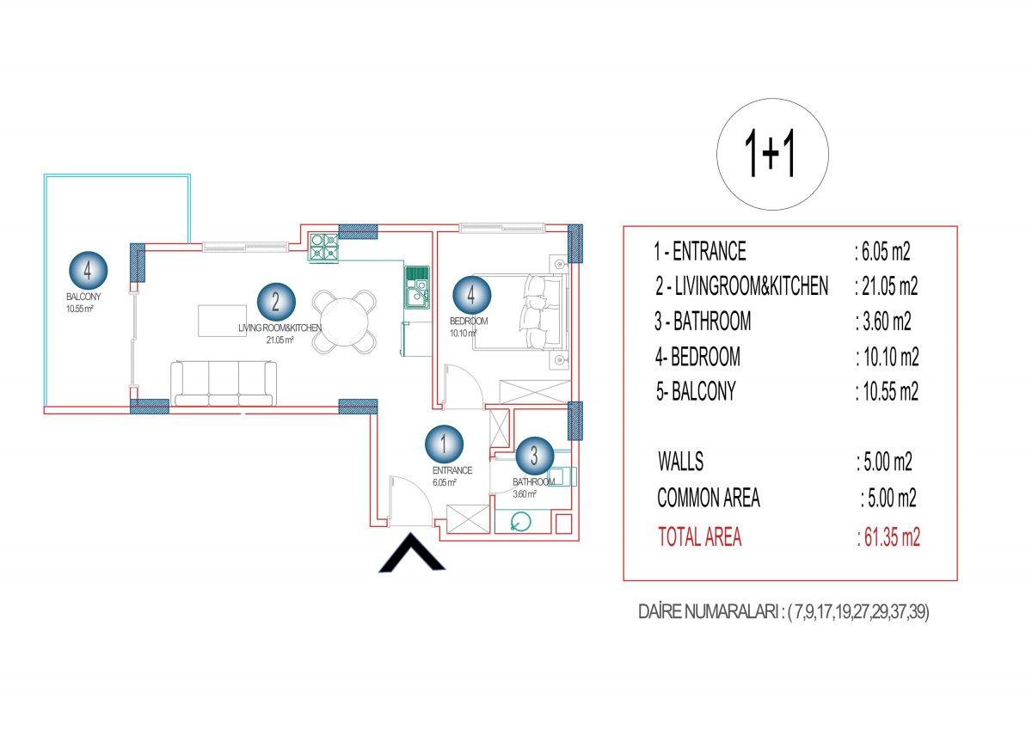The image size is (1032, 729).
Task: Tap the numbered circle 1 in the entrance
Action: (444, 444)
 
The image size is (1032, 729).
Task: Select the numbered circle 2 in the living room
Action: (276, 302)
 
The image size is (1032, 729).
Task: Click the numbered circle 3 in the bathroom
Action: (534, 456)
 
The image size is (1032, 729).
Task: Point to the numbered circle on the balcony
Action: (88, 270)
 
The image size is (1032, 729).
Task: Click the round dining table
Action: (344, 322)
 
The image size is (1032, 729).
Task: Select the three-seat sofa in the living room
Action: (224, 383)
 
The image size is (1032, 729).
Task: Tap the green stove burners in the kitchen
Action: (324, 248)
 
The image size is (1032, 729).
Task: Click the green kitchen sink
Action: (417, 287)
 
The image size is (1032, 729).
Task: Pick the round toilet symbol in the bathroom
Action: (521, 522)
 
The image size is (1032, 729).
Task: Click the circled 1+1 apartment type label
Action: (772, 154)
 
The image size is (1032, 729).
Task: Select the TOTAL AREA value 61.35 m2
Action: (888, 537)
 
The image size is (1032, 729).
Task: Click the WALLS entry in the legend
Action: (680, 462)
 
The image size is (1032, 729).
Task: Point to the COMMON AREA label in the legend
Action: (709, 498)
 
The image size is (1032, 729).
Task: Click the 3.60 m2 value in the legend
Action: (884, 322)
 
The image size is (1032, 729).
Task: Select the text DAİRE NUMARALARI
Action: (709, 612)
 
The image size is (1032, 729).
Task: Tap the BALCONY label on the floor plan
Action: (83, 297)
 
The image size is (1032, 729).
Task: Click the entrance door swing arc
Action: (411, 499)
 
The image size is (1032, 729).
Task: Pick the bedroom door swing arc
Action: (463, 386)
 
